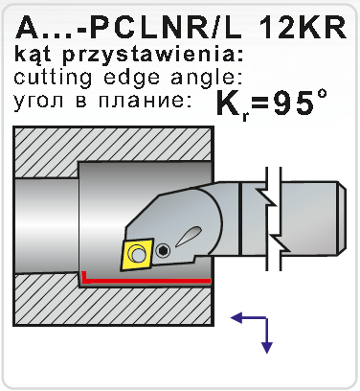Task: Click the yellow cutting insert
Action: (137, 255)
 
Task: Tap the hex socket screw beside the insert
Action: (163, 251)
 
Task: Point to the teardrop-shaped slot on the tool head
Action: (189, 237)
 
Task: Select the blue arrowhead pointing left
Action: (236, 318)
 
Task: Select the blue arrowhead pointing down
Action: (267, 348)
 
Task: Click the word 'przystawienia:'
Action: (152, 55)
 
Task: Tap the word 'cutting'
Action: (54, 78)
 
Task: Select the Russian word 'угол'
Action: (41, 102)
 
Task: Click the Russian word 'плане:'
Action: (146, 102)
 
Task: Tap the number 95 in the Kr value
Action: (289, 103)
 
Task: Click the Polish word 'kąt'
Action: (33, 55)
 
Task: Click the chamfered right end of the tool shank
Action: (341, 218)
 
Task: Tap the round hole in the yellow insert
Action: (138, 255)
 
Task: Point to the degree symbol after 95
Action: (321, 94)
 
